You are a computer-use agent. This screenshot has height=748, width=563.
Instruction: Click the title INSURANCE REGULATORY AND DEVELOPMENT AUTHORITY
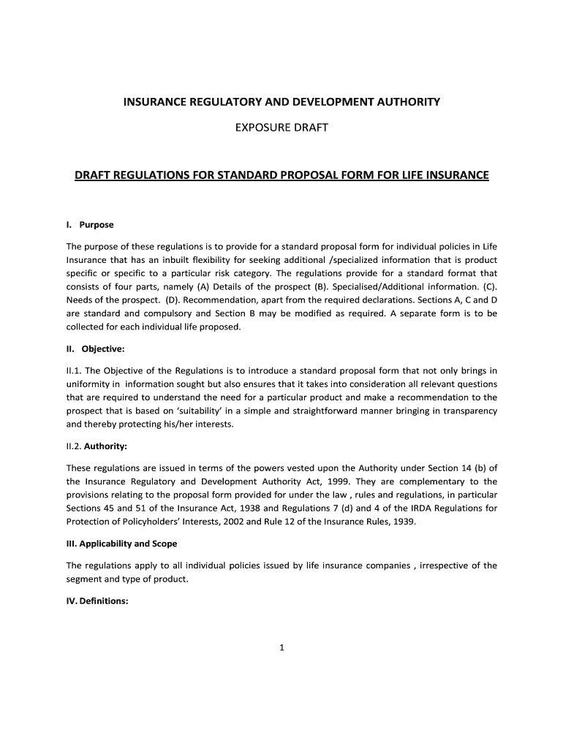(x=281, y=102)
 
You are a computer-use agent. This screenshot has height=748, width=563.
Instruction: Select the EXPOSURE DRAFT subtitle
(x=281, y=128)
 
